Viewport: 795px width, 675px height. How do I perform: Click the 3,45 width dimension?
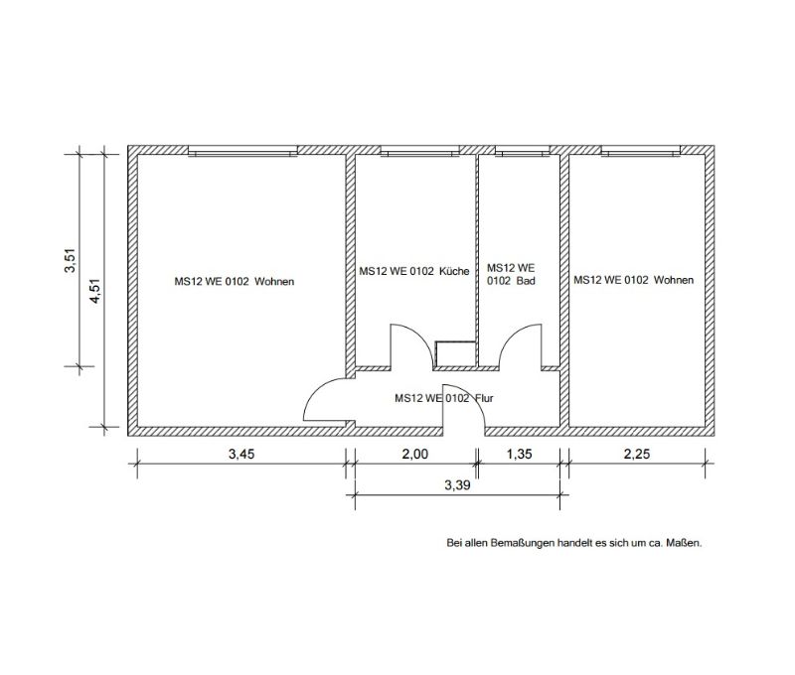241,454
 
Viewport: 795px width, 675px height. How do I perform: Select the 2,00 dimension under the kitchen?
414,454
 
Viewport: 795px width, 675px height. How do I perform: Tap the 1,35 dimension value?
519,454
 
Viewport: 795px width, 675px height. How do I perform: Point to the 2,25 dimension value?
636,454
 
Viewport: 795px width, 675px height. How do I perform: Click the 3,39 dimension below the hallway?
457,485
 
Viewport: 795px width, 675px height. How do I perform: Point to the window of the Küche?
419,151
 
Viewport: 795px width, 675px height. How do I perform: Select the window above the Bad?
523,151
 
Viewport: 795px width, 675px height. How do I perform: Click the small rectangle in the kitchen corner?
455,354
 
